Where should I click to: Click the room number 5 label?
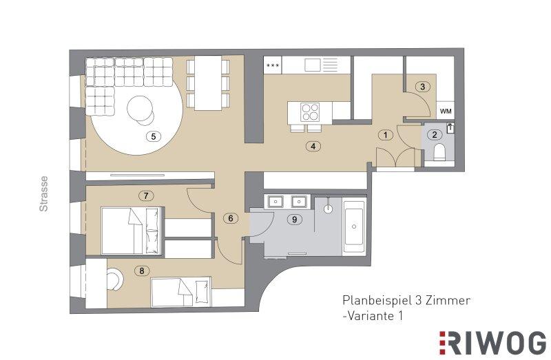tap(153, 136)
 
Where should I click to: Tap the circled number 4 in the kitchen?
tap(313, 146)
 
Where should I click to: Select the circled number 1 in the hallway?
tap(386, 135)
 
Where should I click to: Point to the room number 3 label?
tap(423, 87)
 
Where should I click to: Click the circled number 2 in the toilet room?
tap(435, 134)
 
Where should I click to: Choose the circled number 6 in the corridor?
tap(231, 218)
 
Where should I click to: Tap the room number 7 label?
tap(146, 195)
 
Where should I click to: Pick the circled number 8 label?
tap(142, 271)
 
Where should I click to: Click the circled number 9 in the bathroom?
tap(295, 220)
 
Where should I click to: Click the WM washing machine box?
tap(446, 111)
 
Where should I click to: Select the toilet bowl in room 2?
tap(439, 152)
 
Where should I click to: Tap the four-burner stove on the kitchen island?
tap(311, 112)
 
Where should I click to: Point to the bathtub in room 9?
tap(354, 227)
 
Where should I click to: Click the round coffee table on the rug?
tap(140, 109)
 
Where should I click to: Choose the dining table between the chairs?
tap(208, 83)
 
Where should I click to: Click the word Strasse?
tap(43, 193)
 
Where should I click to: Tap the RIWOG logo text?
tap(492, 343)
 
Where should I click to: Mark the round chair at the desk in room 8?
tap(115, 279)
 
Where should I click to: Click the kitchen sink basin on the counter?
tap(313, 65)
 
